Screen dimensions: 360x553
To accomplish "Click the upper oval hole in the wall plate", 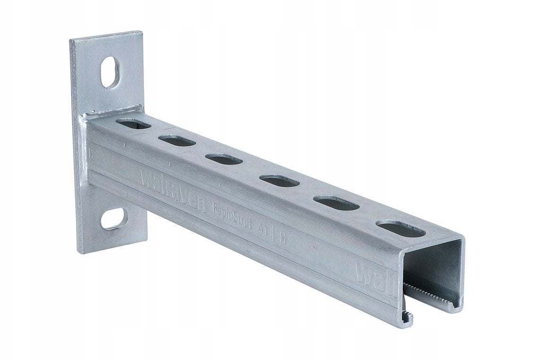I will pyautogui.click(x=110, y=72).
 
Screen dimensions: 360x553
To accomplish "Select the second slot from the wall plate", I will pyautogui.click(x=177, y=140).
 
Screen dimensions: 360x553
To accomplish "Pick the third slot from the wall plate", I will pyautogui.click(x=224, y=159).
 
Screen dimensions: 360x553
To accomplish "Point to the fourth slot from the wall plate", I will pyautogui.click(x=279, y=180).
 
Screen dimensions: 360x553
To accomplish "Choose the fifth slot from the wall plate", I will pyautogui.click(x=336, y=203).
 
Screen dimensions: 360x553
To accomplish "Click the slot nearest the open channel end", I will pyautogui.click(x=401, y=229).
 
